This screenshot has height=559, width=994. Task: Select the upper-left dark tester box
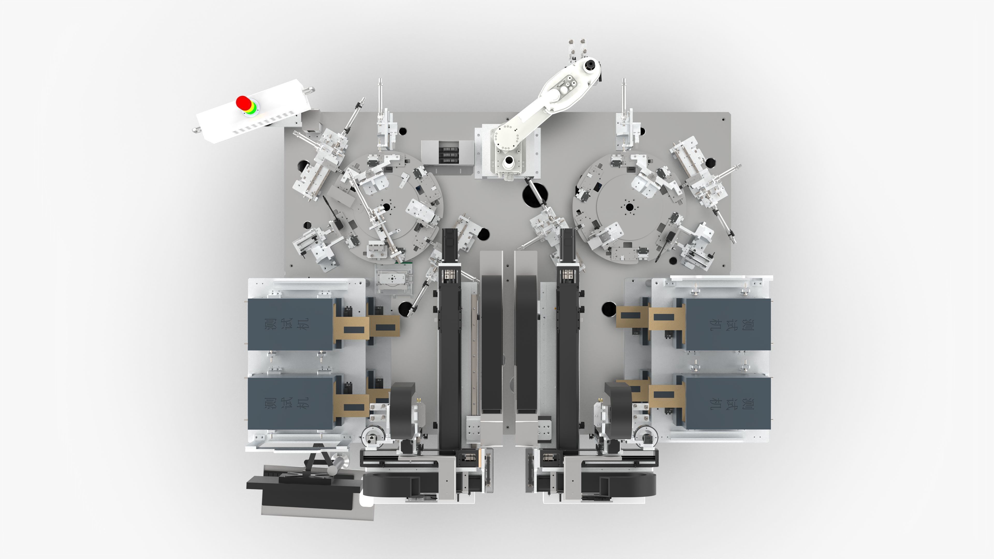tap(290, 324)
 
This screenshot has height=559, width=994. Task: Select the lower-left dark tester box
tap(290, 403)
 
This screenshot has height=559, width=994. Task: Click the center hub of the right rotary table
tap(629, 207)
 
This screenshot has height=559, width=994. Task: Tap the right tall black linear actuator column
tap(567, 347)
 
